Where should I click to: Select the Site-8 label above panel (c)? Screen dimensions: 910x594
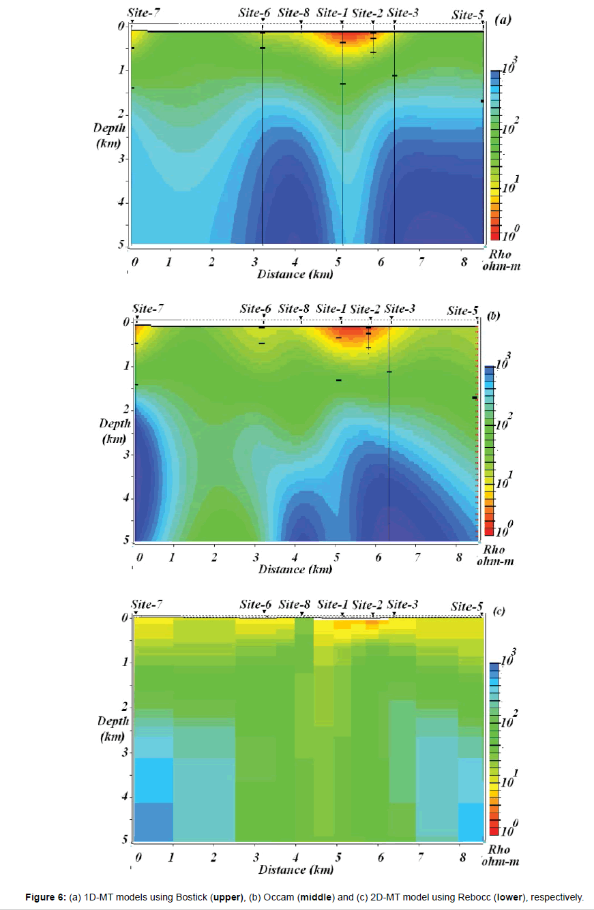pyautogui.click(x=295, y=604)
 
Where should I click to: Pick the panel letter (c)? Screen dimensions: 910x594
pyautogui.click(x=498, y=611)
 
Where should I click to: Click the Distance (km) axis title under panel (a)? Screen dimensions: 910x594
pyautogui.click(x=295, y=274)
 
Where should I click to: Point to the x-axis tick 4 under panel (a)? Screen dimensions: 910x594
pyautogui.click(x=295, y=262)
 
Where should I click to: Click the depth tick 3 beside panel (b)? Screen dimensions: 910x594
pyautogui.click(x=125, y=455)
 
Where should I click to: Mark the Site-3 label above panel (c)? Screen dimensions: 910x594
pyautogui.click(x=402, y=604)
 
